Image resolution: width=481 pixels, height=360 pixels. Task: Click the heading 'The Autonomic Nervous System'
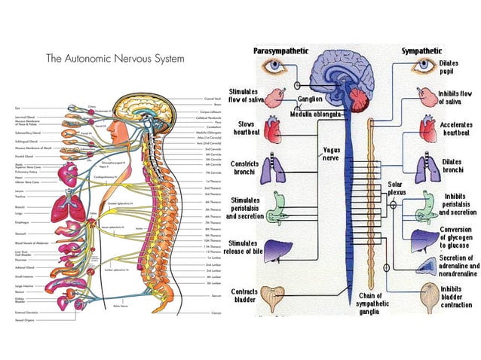115,59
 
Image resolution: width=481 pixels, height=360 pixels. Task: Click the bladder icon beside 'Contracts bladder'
281,296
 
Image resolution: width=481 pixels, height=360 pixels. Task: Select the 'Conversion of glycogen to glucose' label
457,236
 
